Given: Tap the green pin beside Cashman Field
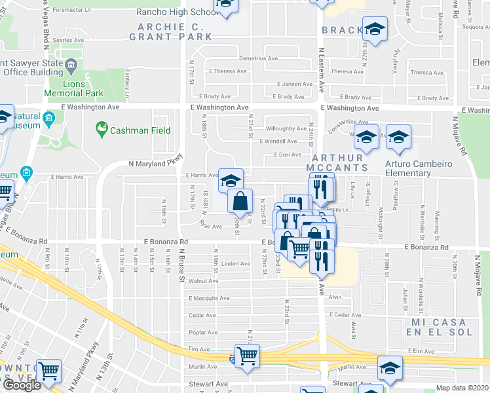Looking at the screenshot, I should tap(102, 126).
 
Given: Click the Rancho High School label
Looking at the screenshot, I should tap(177, 12).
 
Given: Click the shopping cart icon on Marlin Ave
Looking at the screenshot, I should tap(247, 356).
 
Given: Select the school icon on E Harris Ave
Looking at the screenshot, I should tap(231, 180).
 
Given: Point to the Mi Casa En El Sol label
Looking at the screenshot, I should tap(438, 327).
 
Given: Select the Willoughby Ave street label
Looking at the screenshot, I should tap(286, 129).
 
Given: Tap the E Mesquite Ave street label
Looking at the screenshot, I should tap(210, 298).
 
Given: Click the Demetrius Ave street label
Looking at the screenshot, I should tap(258, 58).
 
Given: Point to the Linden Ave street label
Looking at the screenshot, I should tap(236, 264).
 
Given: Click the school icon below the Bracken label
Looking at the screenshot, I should tap(375, 29).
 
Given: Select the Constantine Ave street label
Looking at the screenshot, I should tap(349, 122).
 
